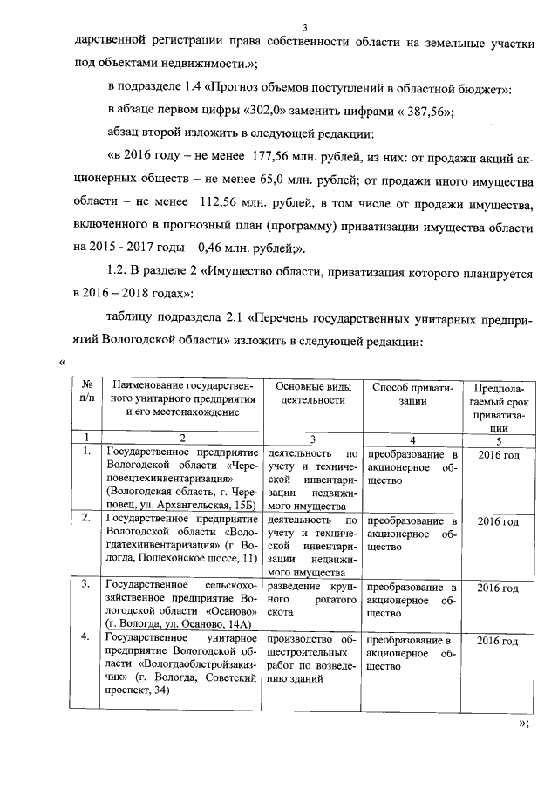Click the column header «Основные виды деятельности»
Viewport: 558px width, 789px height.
pos(311,393)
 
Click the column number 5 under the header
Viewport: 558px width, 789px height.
pos(499,439)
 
